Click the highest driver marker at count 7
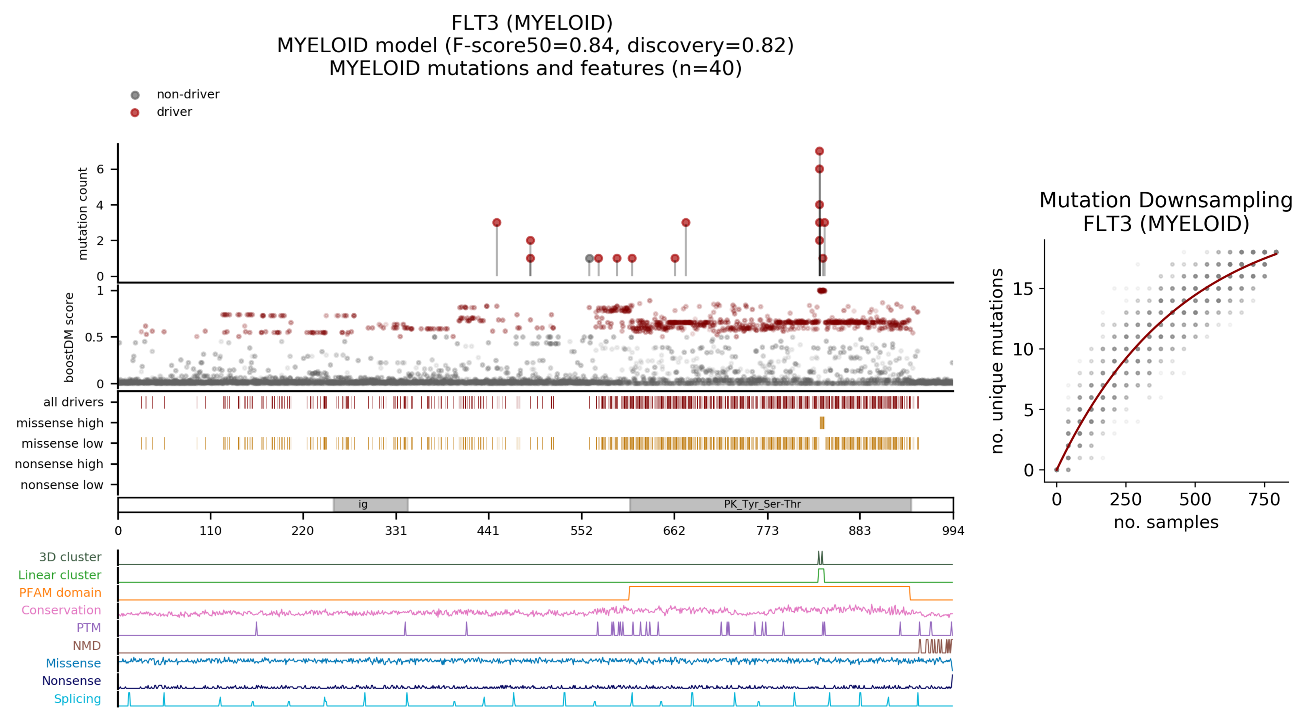tap(819, 151)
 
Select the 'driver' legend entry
tap(174, 112)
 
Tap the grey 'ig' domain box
tap(370, 504)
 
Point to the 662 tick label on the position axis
tap(674, 531)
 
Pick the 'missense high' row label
tap(60, 423)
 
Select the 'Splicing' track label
tap(77, 699)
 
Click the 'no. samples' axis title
tap(1165, 522)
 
